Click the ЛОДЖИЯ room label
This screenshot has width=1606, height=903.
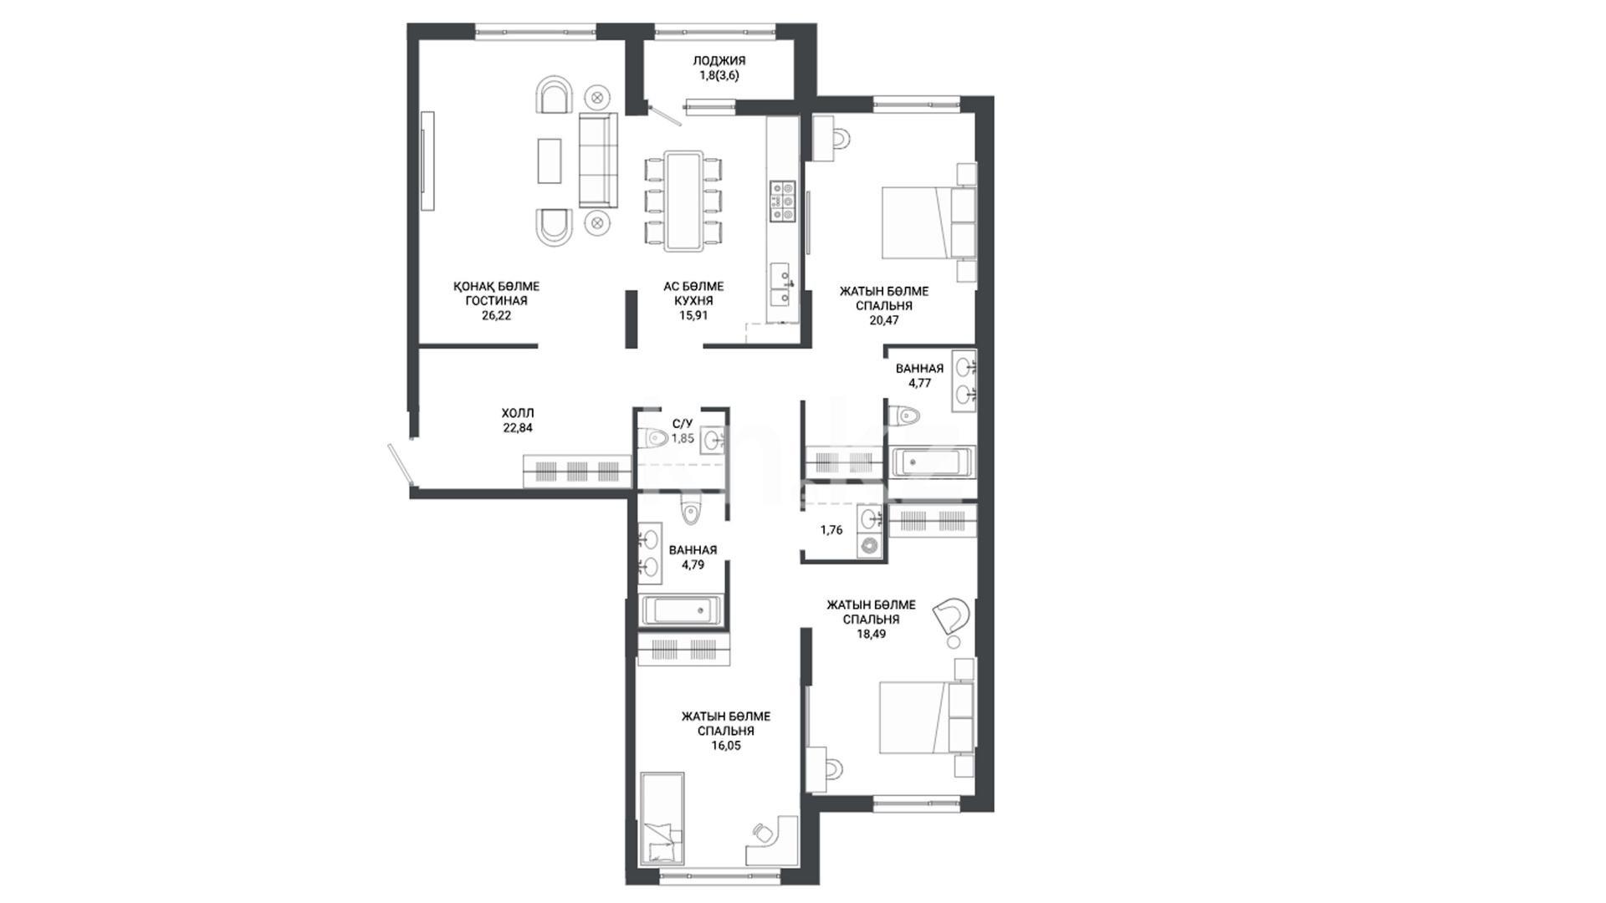pyautogui.click(x=719, y=60)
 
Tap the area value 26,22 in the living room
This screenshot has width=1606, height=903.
pyautogui.click(x=496, y=316)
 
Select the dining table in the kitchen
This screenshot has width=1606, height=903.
pyautogui.click(x=683, y=200)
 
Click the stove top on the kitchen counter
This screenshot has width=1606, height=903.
pyautogui.click(x=783, y=202)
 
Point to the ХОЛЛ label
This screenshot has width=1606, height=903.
pyautogui.click(x=517, y=413)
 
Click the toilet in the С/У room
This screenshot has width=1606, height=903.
pyautogui.click(x=655, y=438)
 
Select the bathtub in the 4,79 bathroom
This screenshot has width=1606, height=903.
pyautogui.click(x=681, y=610)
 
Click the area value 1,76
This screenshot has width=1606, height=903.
pyautogui.click(x=831, y=530)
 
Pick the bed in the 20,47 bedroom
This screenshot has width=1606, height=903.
pyautogui.click(x=928, y=222)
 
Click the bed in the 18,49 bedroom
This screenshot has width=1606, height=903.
pyautogui.click(x=927, y=717)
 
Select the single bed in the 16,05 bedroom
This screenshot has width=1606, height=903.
pyautogui.click(x=662, y=819)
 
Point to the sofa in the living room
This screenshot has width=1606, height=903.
pyautogui.click(x=598, y=160)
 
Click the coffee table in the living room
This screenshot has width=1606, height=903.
pyautogui.click(x=550, y=161)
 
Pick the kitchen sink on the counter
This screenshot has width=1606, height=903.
pyautogui.click(x=780, y=284)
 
